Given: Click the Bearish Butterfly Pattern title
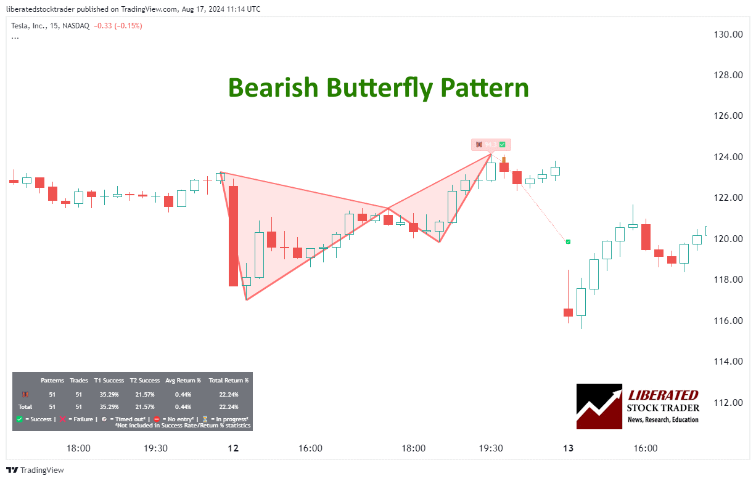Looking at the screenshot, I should click(x=378, y=88).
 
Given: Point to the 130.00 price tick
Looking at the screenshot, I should click(x=728, y=34).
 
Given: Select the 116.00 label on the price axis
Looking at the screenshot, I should click(x=728, y=320).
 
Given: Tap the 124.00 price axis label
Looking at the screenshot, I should click(x=728, y=157).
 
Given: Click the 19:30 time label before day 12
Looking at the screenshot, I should click(x=156, y=448).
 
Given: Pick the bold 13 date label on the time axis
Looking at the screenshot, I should click(x=568, y=448).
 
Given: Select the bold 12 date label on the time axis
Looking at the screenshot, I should click(x=232, y=448).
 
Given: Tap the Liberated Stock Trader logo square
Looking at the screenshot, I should click(x=599, y=406).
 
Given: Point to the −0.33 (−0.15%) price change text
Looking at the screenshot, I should click(x=117, y=25).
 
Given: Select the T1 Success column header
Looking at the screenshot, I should click(x=109, y=381).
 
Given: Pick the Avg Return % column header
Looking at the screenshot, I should click(x=183, y=381).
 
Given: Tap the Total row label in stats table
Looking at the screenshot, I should click(x=25, y=406).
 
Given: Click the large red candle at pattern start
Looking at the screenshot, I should click(x=233, y=236).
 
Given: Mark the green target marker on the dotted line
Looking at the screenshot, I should click(x=568, y=242).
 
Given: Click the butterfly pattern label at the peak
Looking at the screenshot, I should click(x=491, y=145).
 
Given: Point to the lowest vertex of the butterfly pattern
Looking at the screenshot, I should click(x=246, y=300).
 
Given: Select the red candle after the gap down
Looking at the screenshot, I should click(x=568, y=312).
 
